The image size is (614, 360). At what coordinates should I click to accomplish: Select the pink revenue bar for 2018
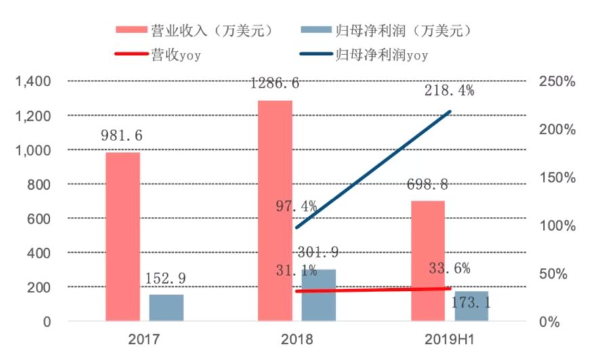click(274, 210)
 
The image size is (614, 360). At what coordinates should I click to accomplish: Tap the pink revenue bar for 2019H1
click(428, 260)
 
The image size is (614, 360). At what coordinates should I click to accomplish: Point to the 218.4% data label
click(449, 89)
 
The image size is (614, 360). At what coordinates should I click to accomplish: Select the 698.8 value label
click(428, 184)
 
